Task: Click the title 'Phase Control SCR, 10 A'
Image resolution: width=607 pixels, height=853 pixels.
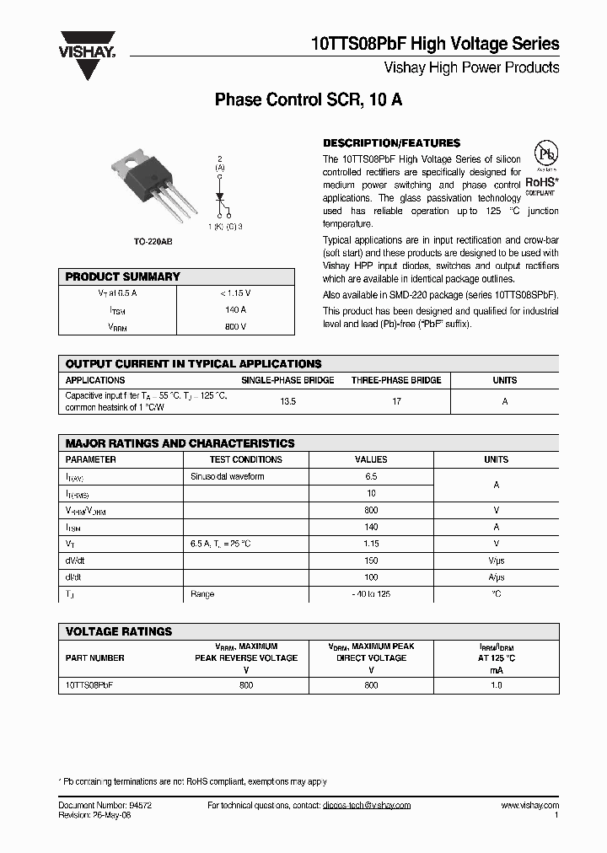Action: pyautogui.click(x=309, y=99)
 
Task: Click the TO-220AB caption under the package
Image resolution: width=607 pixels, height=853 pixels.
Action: pyautogui.click(x=153, y=242)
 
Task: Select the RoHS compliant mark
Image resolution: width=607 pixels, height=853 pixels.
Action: pyautogui.click(x=542, y=183)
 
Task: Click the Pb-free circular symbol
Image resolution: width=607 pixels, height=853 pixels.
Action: pyautogui.click(x=548, y=155)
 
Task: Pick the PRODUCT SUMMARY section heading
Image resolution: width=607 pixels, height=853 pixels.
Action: pyautogui.click(x=123, y=276)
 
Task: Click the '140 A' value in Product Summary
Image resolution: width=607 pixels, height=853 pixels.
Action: pyautogui.click(x=235, y=310)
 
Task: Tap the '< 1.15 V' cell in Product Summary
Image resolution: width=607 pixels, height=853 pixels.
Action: pyautogui.click(x=235, y=292)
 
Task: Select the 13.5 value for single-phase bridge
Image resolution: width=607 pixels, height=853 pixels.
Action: pyautogui.click(x=287, y=401)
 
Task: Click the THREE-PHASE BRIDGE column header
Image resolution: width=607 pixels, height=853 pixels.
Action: pyautogui.click(x=396, y=380)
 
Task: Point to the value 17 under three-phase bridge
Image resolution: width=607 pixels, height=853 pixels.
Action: pyautogui.click(x=396, y=401)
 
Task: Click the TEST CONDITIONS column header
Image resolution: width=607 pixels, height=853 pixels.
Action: pyautogui.click(x=246, y=459)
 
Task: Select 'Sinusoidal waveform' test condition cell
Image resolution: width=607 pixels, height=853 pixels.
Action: pyautogui.click(x=228, y=476)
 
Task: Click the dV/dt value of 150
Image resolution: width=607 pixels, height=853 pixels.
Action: pyautogui.click(x=372, y=561)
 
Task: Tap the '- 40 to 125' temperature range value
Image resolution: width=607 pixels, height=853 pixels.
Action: pyautogui.click(x=372, y=594)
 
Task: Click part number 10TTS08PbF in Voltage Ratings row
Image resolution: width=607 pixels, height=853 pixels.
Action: pyautogui.click(x=89, y=685)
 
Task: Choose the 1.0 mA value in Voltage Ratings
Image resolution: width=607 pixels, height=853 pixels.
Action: pyautogui.click(x=497, y=685)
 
